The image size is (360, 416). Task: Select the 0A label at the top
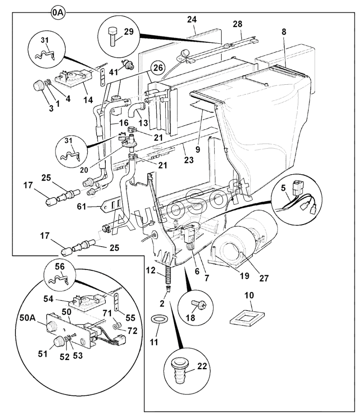pyautogui.click(x=58, y=13)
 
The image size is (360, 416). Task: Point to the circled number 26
pyautogui.click(x=158, y=68)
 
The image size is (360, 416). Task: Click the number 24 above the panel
pyautogui.click(x=192, y=19)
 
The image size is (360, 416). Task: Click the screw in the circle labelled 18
pyautogui.click(x=194, y=304)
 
